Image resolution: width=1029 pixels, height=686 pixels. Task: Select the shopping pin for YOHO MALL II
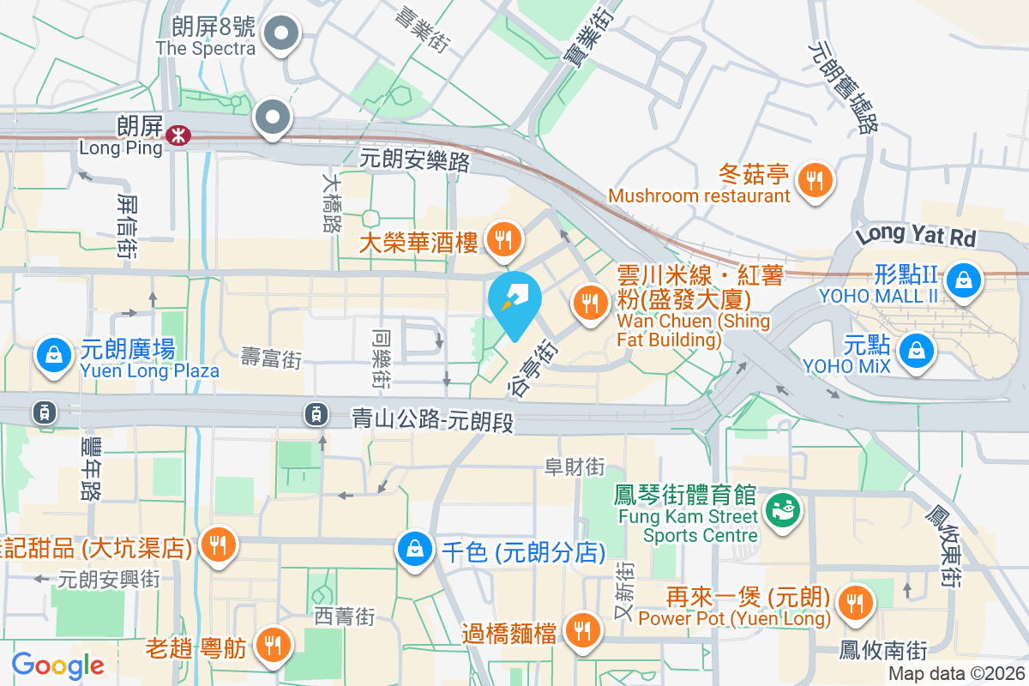click(x=965, y=278)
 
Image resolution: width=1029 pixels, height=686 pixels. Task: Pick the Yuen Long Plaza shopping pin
click(x=54, y=354)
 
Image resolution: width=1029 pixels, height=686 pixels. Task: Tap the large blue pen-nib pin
click(x=514, y=301)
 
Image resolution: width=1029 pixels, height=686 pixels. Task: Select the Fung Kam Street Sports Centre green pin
click(x=782, y=509)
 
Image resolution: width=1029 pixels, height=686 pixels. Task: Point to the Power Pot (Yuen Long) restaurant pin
click(x=854, y=603)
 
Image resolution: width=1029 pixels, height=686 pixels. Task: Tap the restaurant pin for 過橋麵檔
click(x=583, y=631)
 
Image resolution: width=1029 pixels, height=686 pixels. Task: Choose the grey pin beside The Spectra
click(x=280, y=35)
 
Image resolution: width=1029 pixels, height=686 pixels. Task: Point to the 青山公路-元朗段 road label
click(x=432, y=419)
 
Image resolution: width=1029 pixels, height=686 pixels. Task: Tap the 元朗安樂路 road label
click(x=414, y=159)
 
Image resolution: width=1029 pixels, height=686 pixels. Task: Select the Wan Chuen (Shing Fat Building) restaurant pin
click(x=589, y=304)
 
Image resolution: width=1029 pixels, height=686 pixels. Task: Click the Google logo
click(x=57, y=665)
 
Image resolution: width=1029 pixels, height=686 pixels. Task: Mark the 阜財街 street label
click(x=575, y=466)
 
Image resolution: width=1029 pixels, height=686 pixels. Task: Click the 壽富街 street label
click(x=271, y=358)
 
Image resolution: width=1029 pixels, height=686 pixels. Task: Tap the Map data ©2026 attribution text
click(x=956, y=674)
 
